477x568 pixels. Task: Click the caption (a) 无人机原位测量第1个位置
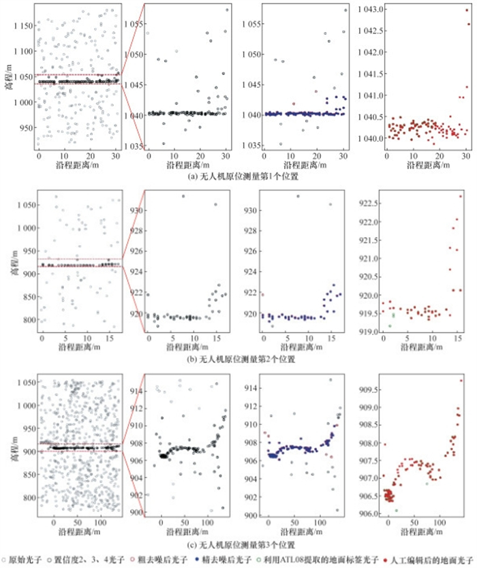click(x=238, y=178)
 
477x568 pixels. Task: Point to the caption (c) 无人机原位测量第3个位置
click(x=238, y=546)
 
